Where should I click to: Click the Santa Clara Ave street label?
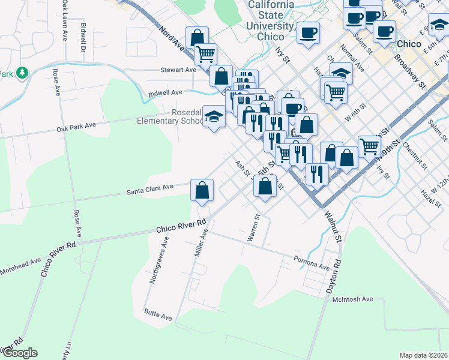(149, 189)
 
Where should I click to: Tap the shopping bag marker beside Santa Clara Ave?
(202, 190)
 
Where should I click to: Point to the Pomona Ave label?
(312, 262)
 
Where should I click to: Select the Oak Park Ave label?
(76, 127)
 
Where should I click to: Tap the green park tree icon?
(23, 73)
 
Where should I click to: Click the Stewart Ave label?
(178, 70)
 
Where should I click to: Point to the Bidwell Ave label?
(165, 93)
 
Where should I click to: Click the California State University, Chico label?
(271, 20)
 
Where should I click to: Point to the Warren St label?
(255, 228)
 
